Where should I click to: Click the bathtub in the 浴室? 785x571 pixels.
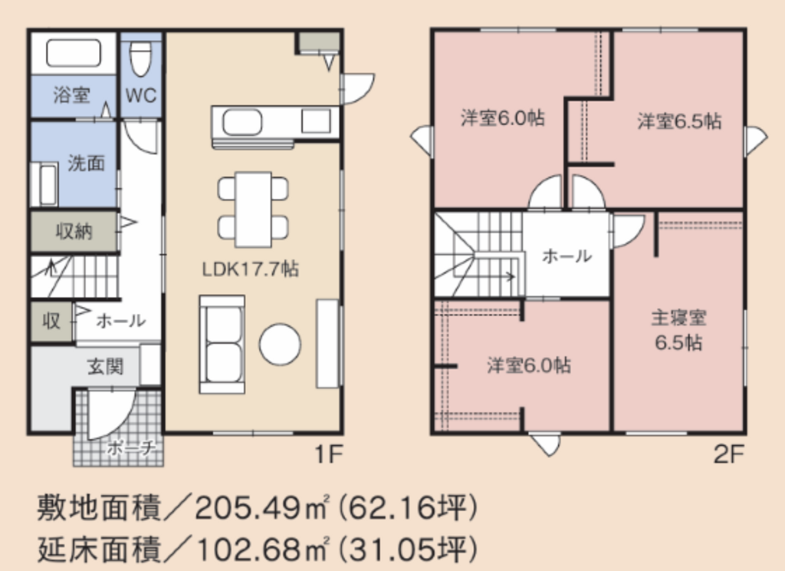click(x=74, y=53)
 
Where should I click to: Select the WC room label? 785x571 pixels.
click(x=141, y=95)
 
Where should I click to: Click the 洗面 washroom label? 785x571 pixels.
click(x=86, y=163)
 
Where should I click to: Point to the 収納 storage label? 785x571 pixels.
click(x=74, y=231)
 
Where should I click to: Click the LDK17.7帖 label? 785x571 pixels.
click(x=251, y=269)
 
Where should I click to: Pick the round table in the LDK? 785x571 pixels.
click(x=280, y=345)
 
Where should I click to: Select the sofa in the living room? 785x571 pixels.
click(x=222, y=345)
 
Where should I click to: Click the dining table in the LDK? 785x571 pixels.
click(x=253, y=209)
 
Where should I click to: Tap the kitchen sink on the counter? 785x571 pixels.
click(x=241, y=122)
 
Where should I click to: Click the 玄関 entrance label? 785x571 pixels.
click(x=105, y=366)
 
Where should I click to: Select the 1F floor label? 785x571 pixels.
click(x=328, y=454)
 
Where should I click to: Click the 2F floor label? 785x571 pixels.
click(x=729, y=454)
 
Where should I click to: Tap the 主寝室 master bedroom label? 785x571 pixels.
click(x=679, y=318)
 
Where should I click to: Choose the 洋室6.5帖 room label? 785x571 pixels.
click(x=679, y=120)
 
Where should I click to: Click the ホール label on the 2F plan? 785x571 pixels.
click(x=567, y=256)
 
